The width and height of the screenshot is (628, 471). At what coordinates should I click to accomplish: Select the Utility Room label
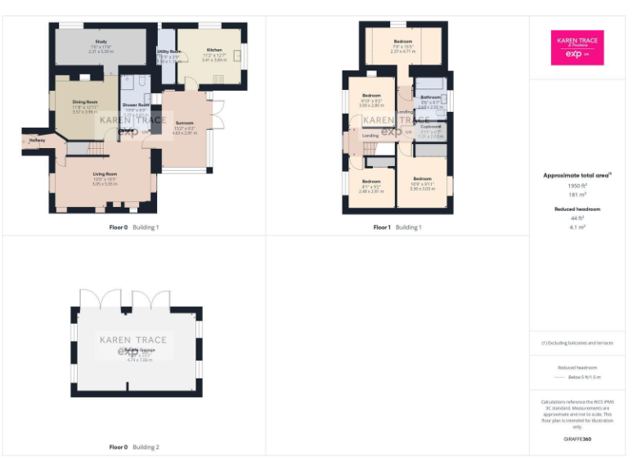(168, 52)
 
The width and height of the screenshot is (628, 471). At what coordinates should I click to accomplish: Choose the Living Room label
(104, 174)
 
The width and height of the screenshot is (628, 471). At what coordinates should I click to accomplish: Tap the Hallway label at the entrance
(37, 141)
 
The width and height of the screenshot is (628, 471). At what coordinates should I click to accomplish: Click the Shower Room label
(136, 105)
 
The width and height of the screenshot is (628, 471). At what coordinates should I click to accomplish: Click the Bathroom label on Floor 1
(431, 97)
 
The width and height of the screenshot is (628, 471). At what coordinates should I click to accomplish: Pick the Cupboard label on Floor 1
(431, 127)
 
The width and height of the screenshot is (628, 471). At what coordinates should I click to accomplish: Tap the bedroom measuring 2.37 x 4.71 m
(402, 41)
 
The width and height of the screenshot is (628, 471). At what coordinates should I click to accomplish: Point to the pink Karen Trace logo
(577, 47)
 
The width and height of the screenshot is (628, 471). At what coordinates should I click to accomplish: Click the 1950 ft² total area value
(577, 186)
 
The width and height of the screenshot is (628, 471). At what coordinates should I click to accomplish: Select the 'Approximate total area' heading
(577, 175)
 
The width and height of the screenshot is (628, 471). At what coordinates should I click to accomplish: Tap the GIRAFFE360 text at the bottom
(577, 439)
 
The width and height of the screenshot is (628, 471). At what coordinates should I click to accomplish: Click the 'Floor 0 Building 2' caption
(134, 447)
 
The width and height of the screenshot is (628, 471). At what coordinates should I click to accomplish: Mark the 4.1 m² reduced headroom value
(577, 227)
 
